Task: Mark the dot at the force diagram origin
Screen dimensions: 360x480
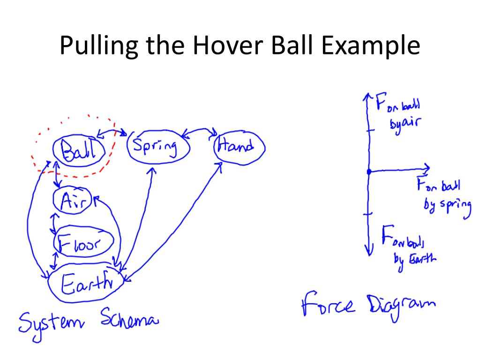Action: [369, 172]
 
